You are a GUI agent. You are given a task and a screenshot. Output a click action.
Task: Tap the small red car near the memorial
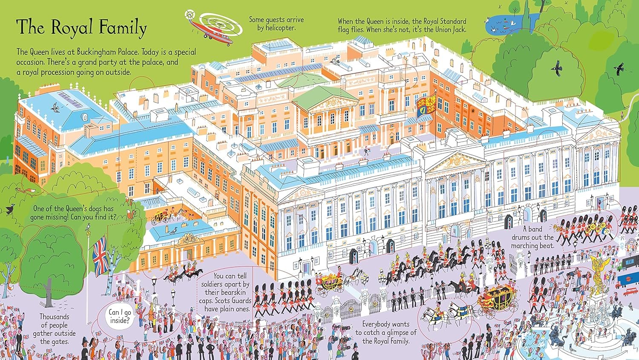point(630,302)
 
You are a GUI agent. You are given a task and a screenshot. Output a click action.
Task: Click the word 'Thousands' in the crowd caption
point(54,316)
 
